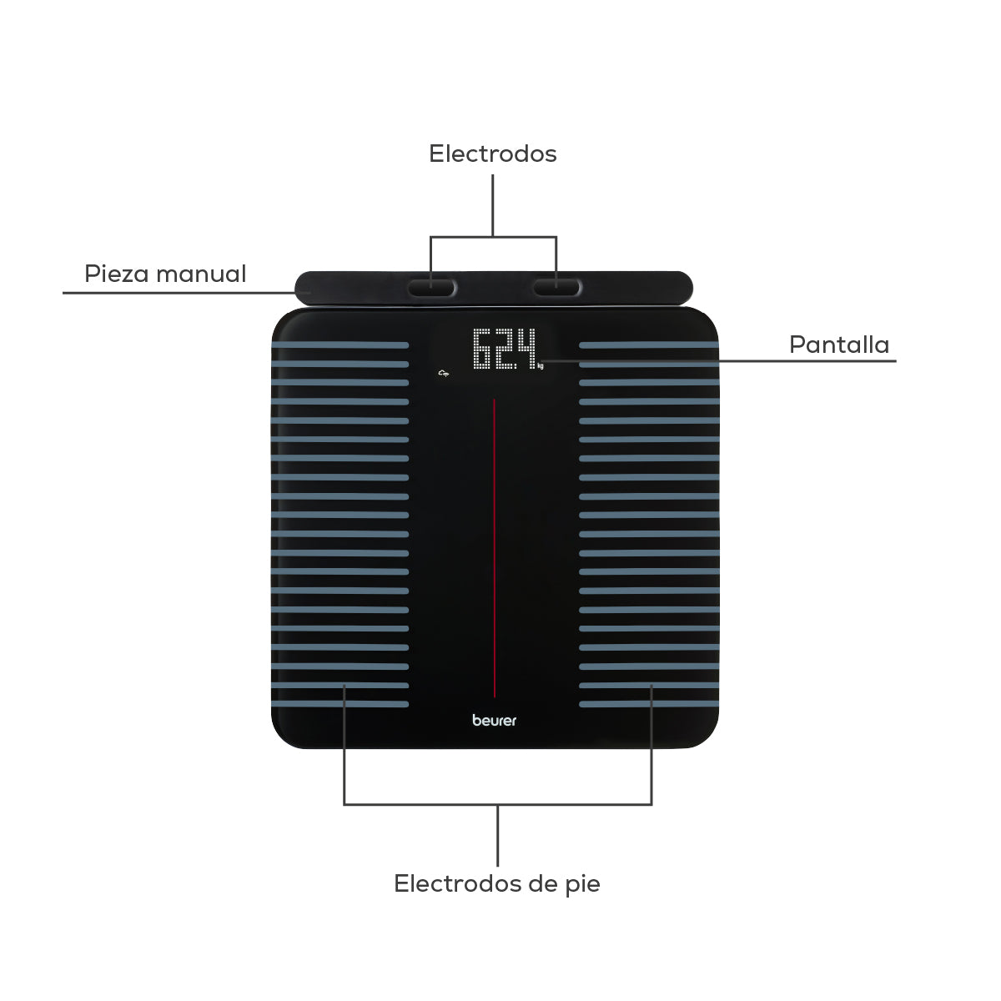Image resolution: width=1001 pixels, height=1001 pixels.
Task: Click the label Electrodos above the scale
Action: (x=492, y=153)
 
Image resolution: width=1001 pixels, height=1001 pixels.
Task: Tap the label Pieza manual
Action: (x=165, y=274)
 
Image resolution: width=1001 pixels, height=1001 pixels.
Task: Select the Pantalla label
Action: (x=839, y=345)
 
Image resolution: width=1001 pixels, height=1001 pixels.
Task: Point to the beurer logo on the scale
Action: (x=494, y=720)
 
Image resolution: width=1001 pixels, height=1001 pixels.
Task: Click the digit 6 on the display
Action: (x=483, y=349)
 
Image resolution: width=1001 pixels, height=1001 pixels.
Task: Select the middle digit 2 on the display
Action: (x=506, y=349)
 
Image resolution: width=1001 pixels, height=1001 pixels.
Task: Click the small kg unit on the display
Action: (x=541, y=366)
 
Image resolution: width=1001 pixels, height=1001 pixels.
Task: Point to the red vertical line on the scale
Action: (x=494, y=548)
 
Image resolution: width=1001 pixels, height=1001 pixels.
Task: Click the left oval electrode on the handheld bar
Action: (x=431, y=287)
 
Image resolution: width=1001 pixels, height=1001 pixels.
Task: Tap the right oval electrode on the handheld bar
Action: (x=556, y=287)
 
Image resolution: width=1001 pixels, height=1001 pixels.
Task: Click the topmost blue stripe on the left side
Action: (x=340, y=345)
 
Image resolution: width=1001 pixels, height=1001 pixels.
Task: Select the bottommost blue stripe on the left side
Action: (x=340, y=704)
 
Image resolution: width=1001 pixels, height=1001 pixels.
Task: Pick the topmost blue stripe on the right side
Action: (x=649, y=345)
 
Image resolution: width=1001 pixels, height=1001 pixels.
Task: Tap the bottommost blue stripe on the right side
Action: (x=649, y=704)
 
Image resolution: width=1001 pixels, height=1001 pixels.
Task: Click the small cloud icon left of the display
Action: (x=443, y=373)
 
